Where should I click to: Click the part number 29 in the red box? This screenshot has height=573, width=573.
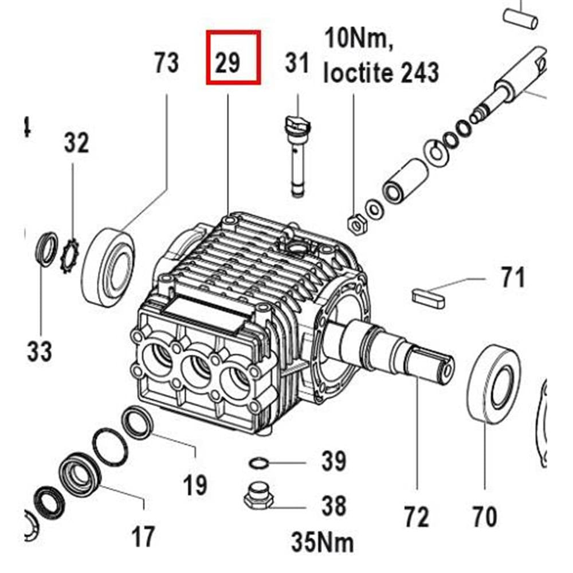click(228, 62)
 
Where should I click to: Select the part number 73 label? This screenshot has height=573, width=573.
click(167, 62)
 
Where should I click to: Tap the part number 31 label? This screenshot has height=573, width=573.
click(297, 62)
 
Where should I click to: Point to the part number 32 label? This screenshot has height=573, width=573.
click(76, 143)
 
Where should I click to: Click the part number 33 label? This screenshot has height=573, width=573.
click(40, 351)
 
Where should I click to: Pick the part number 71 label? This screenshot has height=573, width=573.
click(512, 278)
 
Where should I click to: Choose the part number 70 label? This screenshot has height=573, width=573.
click(485, 517)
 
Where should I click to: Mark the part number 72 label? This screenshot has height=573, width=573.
click(416, 517)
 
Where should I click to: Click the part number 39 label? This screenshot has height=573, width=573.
click(333, 461)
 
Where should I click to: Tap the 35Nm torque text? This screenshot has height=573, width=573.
click(323, 541)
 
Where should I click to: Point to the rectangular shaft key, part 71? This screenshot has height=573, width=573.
click(428, 296)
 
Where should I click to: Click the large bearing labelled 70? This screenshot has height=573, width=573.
click(494, 384)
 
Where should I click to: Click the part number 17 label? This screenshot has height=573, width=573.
click(143, 536)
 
